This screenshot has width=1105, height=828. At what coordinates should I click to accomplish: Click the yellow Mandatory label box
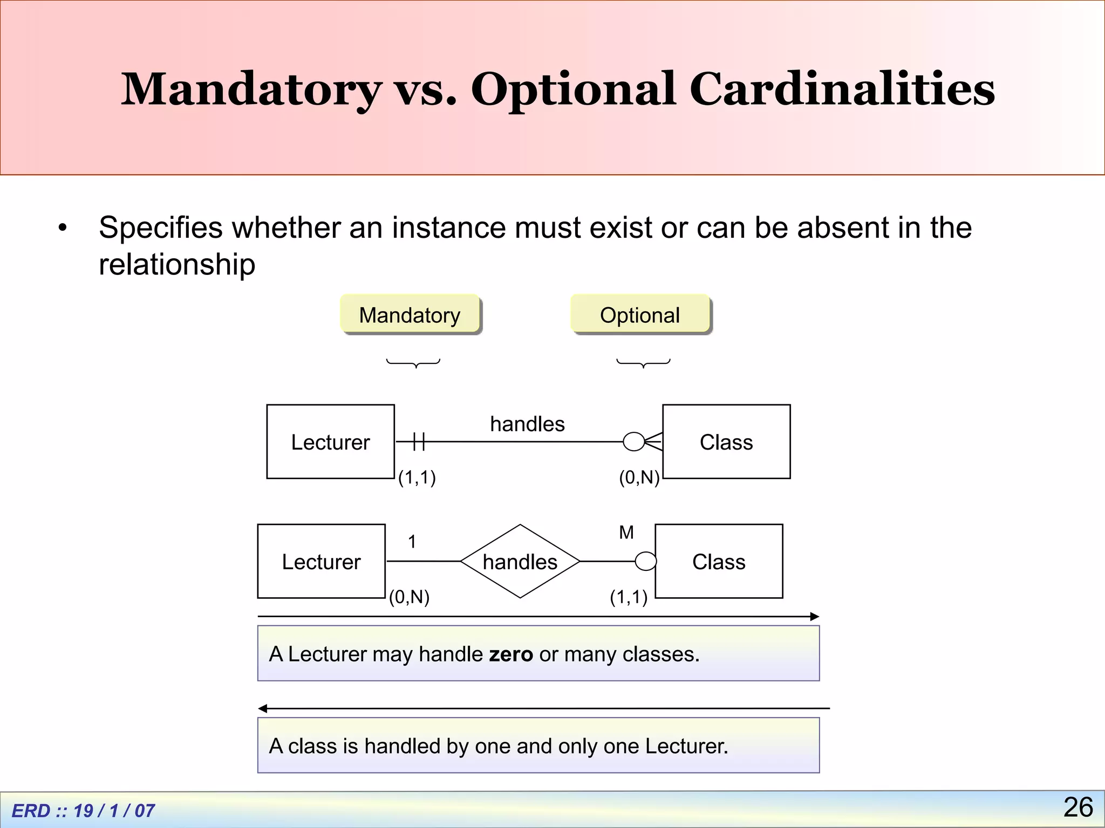coord(410,314)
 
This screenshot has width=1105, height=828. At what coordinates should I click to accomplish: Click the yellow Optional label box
coord(640,314)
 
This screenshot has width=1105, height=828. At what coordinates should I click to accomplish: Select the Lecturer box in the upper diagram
coord(330,441)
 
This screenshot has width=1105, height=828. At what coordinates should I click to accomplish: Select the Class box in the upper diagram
coord(726,441)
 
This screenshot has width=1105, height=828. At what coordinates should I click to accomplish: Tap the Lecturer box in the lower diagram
coord(322,561)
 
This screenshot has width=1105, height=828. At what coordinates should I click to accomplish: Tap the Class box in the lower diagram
coord(719,561)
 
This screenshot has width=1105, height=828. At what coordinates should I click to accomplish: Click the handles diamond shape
coord(520,561)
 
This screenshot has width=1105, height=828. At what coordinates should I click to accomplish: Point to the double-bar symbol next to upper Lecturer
coord(419,441)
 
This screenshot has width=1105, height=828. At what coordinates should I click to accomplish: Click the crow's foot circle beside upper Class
coord(634,441)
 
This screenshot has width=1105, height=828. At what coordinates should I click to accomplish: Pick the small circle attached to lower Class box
coord(645,561)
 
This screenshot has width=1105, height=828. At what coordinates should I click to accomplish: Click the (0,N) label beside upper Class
coord(639,477)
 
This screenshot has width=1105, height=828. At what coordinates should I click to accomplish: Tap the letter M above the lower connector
coord(626,533)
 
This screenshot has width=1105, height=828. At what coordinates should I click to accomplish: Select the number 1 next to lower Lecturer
coord(412,541)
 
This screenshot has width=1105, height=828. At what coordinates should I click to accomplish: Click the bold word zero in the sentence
coord(510,654)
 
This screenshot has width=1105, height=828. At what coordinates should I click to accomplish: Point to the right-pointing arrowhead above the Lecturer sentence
coord(815,616)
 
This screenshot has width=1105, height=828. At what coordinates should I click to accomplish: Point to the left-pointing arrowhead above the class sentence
coord(263,708)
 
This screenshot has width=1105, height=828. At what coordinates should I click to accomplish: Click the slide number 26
coord(1078,807)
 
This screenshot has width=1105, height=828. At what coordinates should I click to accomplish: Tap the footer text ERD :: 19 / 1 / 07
coord(84,810)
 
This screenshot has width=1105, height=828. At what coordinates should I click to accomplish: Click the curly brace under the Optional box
coord(643,363)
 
